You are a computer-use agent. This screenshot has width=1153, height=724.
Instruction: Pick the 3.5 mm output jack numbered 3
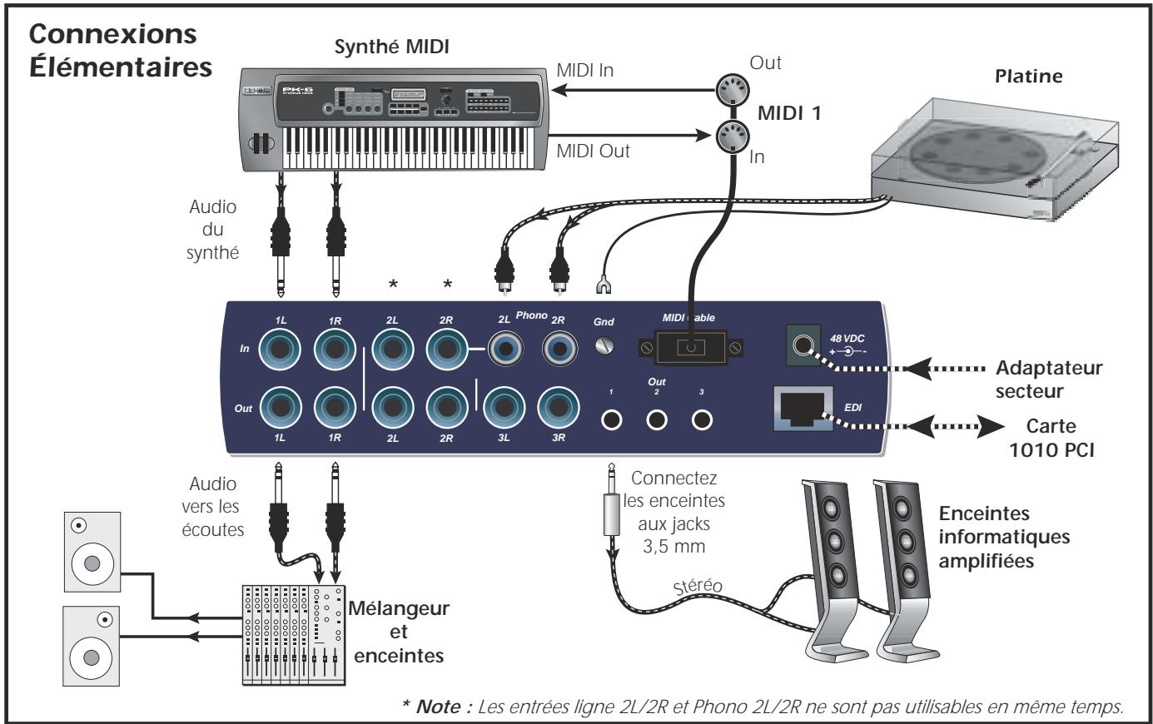pyautogui.click(x=703, y=420)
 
